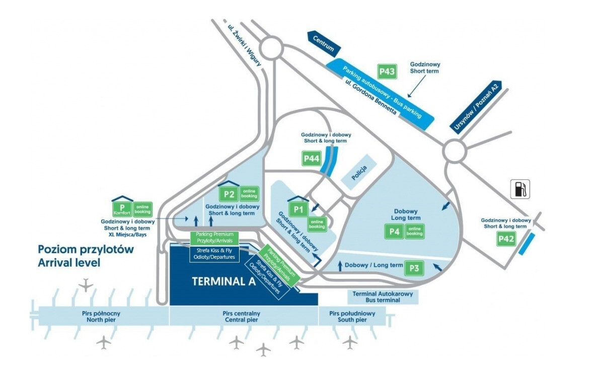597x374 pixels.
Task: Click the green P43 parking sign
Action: click(x=387, y=71)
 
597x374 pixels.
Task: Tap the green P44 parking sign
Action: click(x=312, y=158)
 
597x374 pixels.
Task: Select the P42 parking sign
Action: click(x=506, y=239)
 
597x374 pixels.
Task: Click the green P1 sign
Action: click(x=299, y=209)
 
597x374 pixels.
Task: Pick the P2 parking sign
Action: click(x=229, y=194)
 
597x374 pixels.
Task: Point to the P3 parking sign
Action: click(x=414, y=268)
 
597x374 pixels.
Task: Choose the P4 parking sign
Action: click(x=395, y=232)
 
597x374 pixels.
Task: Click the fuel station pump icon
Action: click(x=520, y=189)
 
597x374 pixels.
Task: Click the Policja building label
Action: click(x=359, y=173)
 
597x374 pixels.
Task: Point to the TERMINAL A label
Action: click(x=223, y=281)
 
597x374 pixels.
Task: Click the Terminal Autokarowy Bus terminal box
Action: click(x=383, y=296)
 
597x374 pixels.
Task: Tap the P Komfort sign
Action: click(x=122, y=208)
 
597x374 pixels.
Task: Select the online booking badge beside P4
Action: click(x=415, y=232)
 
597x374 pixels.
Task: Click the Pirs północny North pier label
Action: click(x=101, y=317)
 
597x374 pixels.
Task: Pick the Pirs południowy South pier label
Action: click(x=352, y=317)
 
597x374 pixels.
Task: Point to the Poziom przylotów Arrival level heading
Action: click(x=86, y=256)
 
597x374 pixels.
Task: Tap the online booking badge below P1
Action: click(x=317, y=225)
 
